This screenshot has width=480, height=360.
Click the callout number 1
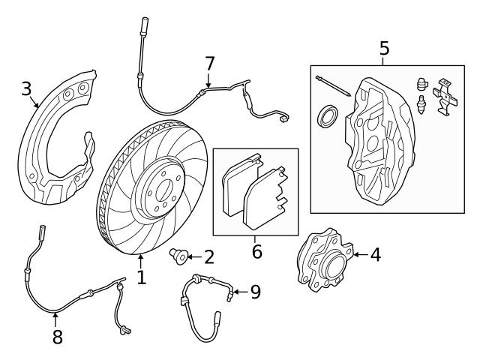pos(141,278)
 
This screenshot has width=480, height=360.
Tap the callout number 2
pos(208,257)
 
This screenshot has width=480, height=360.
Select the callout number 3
pos(26,90)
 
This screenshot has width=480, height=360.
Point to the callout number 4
pos(375,255)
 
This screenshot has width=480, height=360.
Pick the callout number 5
pos(384,49)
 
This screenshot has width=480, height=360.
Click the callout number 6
pos(256,251)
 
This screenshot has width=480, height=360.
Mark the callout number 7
pos(209,65)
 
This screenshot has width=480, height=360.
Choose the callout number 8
pos(57,337)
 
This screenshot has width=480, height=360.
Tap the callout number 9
pos(255,291)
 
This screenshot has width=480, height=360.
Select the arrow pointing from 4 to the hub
pos(358,255)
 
